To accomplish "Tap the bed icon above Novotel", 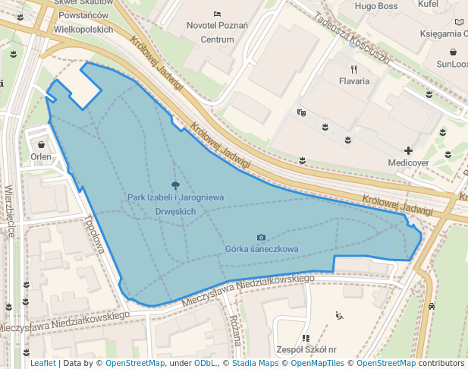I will [x=218, y=14].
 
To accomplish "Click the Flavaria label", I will [x=354, y=80].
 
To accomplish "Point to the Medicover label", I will [x=408, y=162].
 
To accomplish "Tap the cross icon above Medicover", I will [x=409, y=150].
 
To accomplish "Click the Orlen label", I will [x=41, y=157].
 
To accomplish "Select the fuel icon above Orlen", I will [x=40, y=144].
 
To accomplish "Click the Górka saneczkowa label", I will [x=262, y=249].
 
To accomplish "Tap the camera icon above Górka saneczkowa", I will [x=262, y=238].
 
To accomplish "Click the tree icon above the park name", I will [x=175, y=184].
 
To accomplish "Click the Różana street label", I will [x=234, y=330].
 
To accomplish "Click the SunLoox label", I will [x=451, y=64].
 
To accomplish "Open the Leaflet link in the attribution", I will [x=42, y=363].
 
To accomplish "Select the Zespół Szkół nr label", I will [x=306, y=350].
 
